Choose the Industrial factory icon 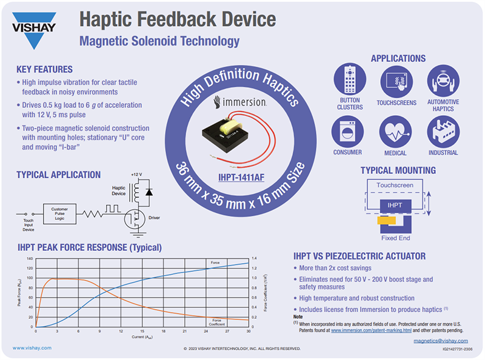(443, 131)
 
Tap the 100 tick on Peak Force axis (29, 278)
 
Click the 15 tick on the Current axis (142, 332)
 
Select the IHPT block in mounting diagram (394, 206)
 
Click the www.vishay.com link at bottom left (32, 348)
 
